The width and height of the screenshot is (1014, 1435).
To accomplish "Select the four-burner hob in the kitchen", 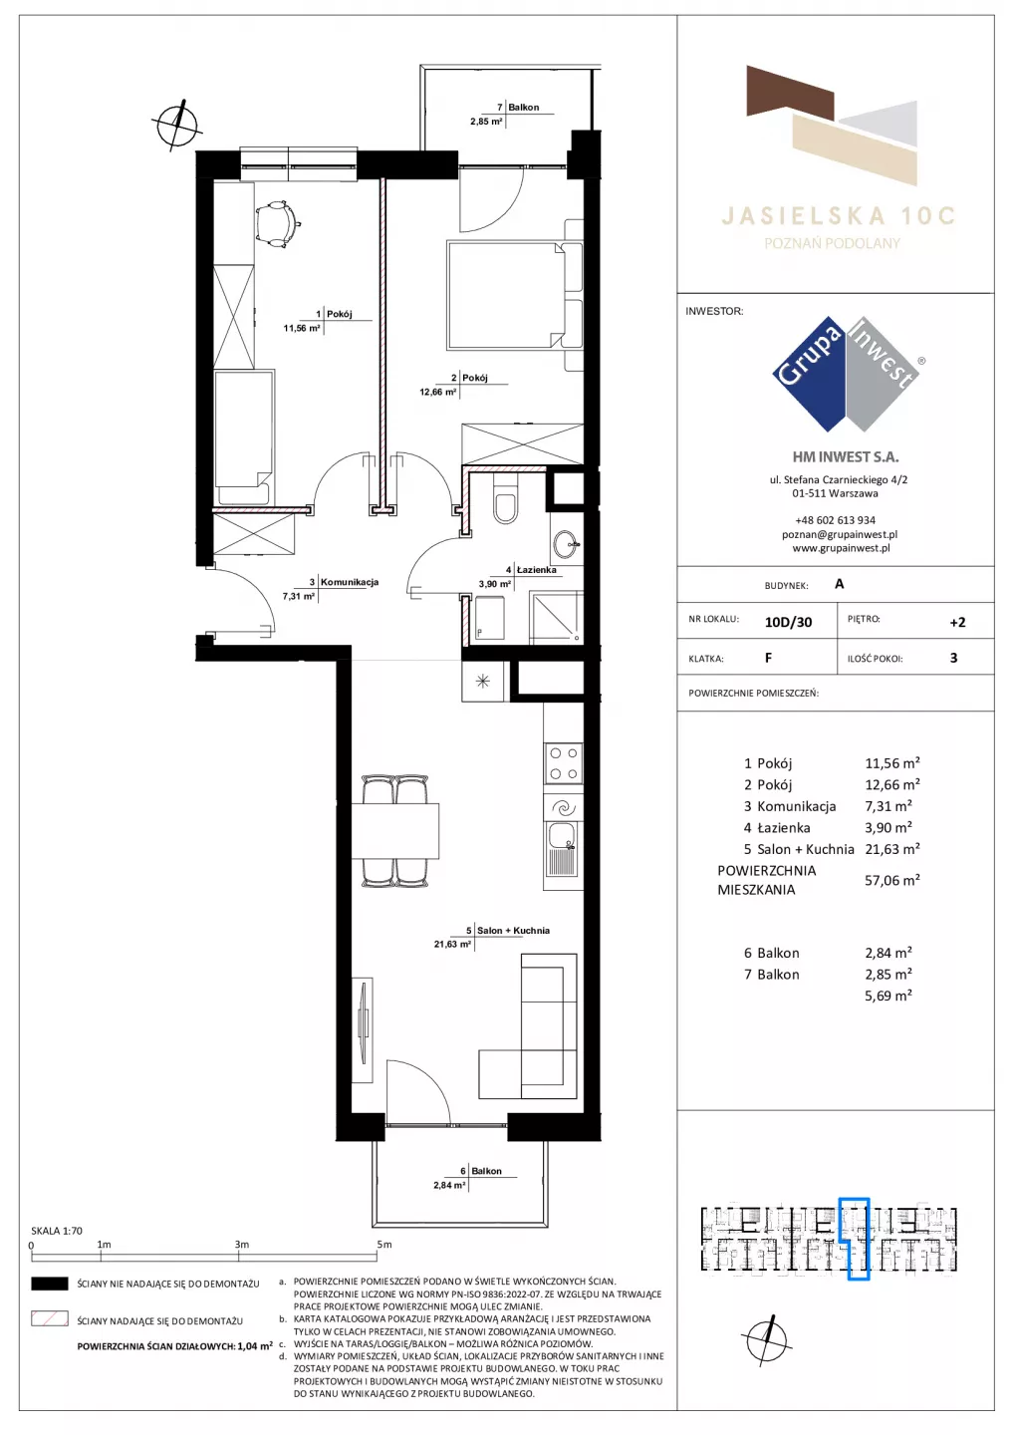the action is [x=564, y=763].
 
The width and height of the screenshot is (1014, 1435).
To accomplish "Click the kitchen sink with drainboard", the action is [x=564, y=849].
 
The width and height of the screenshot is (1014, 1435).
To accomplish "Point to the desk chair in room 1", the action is [x=278, y=223].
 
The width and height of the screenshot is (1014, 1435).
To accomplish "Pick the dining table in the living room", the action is [x=395, y=830].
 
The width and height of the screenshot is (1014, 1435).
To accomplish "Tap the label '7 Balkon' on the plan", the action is [x=518, y=107].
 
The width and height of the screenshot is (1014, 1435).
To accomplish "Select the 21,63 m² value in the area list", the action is [x=891, y=849].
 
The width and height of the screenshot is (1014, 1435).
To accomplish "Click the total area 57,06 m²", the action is [x=891, y=880].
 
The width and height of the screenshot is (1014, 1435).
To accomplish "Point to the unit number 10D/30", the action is [x=788, y=622].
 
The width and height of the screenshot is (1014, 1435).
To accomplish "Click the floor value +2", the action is [x=957, y=622].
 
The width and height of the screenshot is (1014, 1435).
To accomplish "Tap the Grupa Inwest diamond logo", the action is [x=847, y=374].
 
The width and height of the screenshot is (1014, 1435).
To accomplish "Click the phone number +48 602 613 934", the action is [x=835, y=520].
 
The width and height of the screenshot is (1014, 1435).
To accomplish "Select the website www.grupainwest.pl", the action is [x=841, y=548].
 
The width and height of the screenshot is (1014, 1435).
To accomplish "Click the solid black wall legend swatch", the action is [x=49, y=1284].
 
